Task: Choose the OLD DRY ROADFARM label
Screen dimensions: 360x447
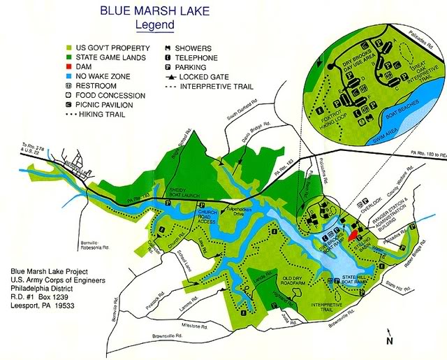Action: click(301, 281)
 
